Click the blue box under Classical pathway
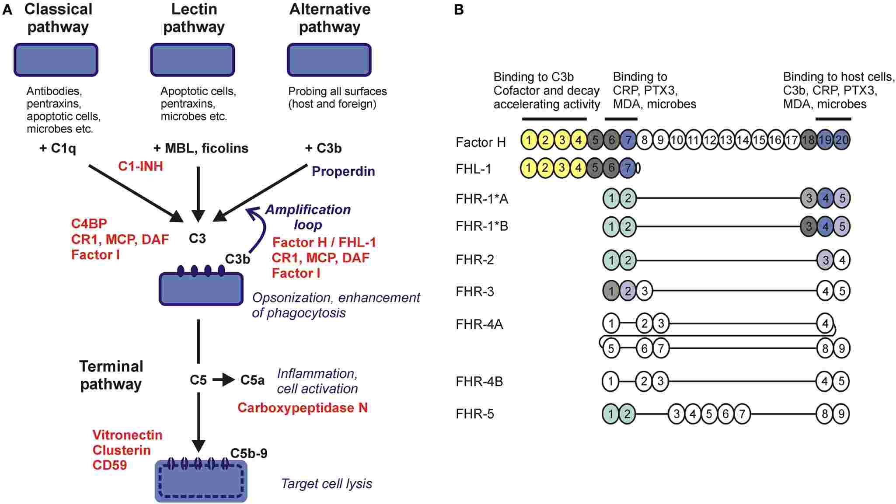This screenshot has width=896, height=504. pos(56,60)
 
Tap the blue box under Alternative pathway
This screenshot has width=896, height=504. pos(329,60)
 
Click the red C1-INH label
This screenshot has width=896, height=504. pos(140,166)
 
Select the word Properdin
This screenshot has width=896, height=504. pos(343,171)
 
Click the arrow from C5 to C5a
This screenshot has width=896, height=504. pos(223,380)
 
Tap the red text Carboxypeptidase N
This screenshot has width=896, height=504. pos(302,407)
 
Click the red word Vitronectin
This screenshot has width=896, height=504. pos(127,435)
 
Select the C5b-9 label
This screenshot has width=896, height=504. pos(249,453)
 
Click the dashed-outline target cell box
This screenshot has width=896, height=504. pos(201,481)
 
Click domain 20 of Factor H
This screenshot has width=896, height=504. pos(842,140)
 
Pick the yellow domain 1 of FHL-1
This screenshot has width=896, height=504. pos(529,168)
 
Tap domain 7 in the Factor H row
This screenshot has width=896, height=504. pos(628,140)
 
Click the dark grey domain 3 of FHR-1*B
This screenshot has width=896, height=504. pos(809,226)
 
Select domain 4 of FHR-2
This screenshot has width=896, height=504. pos(842,260)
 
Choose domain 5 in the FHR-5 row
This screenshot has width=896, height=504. pos(709,414)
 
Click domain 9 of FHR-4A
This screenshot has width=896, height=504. pos(842,348)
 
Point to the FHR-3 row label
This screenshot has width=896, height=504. pos(475,291)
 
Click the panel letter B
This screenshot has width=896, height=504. pos(459,10)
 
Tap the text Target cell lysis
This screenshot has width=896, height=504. pos(326,483)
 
